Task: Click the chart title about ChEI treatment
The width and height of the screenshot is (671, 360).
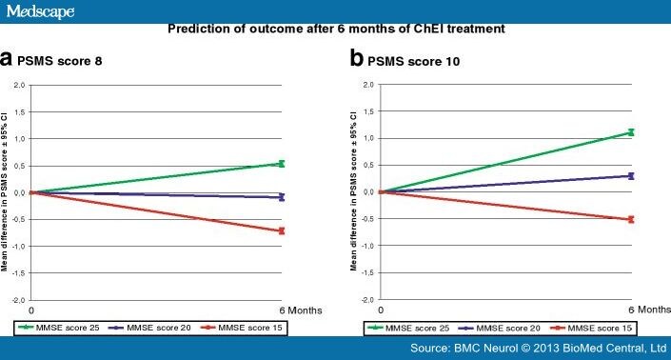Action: tap(335, 28)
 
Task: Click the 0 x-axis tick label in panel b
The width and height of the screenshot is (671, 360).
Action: tap(381, 310)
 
